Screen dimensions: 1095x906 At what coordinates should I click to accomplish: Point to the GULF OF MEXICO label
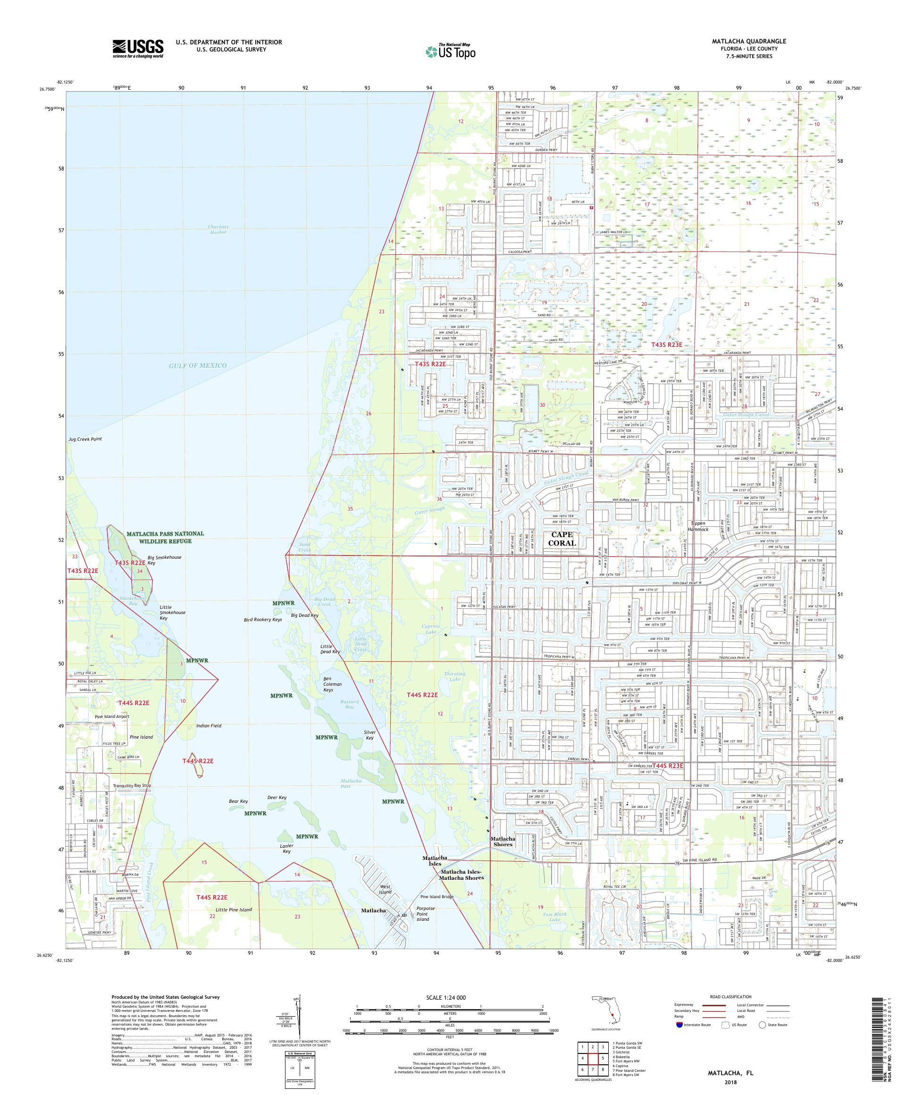pos(198,365)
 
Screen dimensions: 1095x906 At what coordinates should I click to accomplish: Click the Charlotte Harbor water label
pos(218,229)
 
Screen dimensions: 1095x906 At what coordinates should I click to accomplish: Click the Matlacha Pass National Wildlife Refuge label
pos(158,537)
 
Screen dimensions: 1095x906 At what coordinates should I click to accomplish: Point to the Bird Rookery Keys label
pos(263,619)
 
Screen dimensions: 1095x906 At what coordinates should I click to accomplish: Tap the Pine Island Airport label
pos(112,716)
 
